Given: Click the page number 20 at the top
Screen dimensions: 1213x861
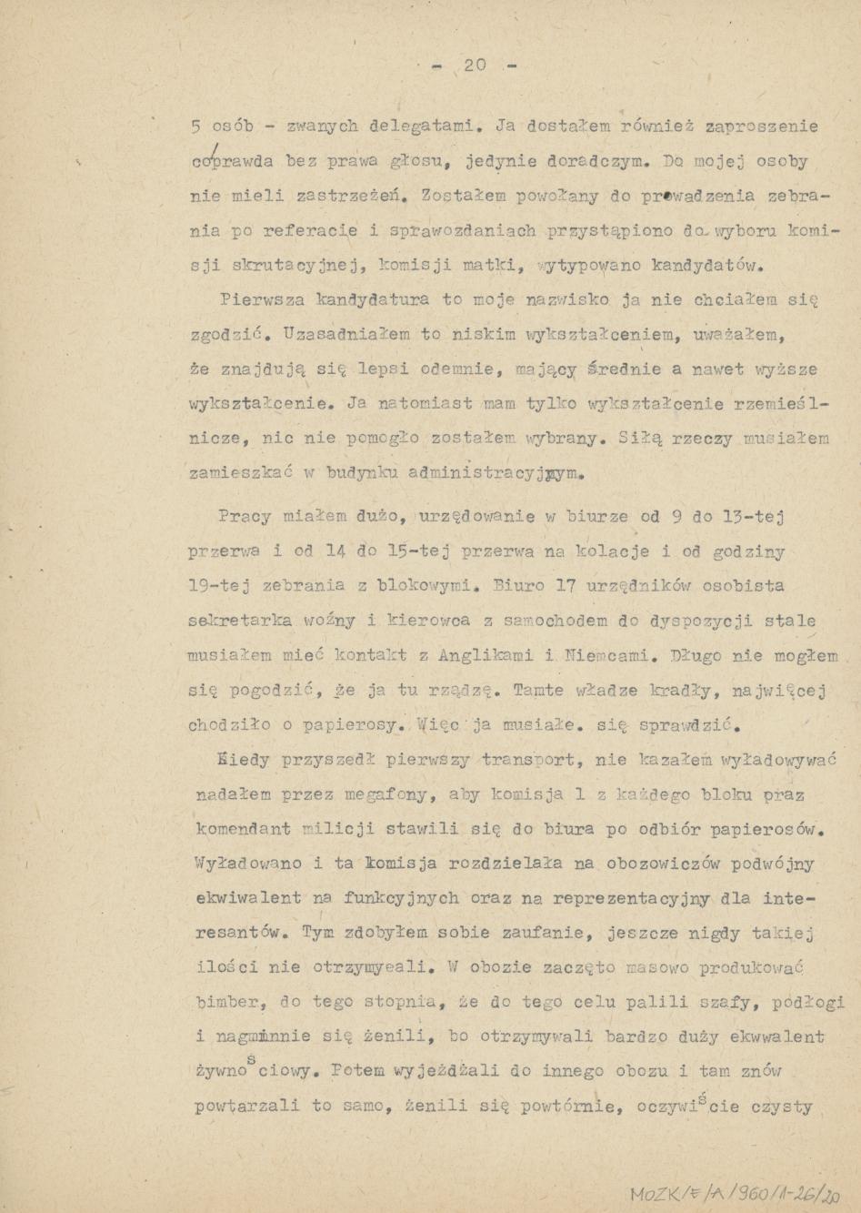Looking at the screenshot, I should (476, 65).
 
